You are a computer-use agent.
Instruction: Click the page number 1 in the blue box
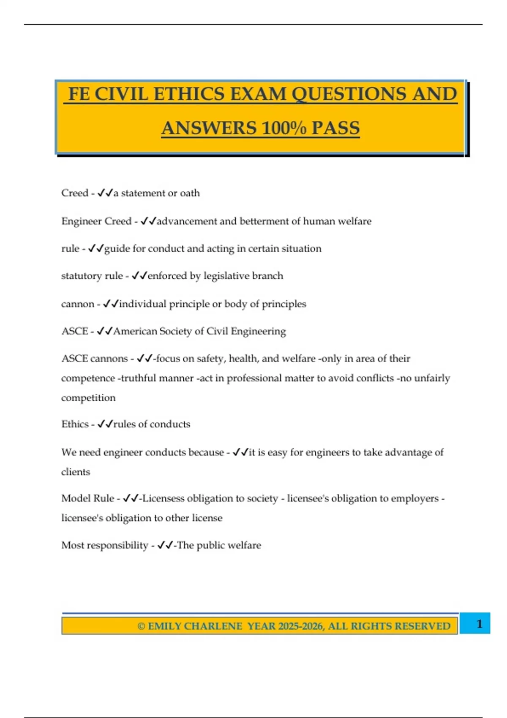479,624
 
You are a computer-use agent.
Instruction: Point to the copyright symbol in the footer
141,626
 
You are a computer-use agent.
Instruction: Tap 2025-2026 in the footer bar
301,626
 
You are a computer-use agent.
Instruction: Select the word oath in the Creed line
190,193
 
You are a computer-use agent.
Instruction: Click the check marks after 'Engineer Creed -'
148,221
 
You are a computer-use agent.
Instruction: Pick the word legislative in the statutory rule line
226,276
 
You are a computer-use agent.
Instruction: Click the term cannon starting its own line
78,304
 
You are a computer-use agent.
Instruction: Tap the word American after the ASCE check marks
135,332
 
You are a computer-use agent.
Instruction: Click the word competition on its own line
88,398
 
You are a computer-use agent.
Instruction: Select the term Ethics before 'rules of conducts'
75,424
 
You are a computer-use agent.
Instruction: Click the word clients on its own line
76,472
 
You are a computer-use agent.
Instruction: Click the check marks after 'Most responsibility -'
165,545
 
